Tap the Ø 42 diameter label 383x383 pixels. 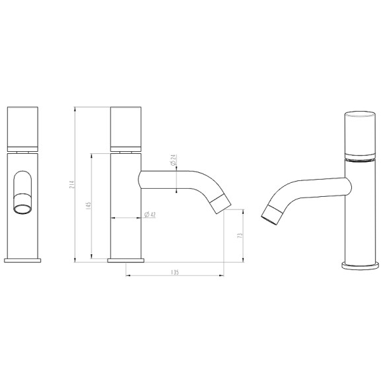149,215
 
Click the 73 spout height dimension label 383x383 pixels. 240,235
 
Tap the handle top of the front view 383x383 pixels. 24,125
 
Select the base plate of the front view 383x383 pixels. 24,259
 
